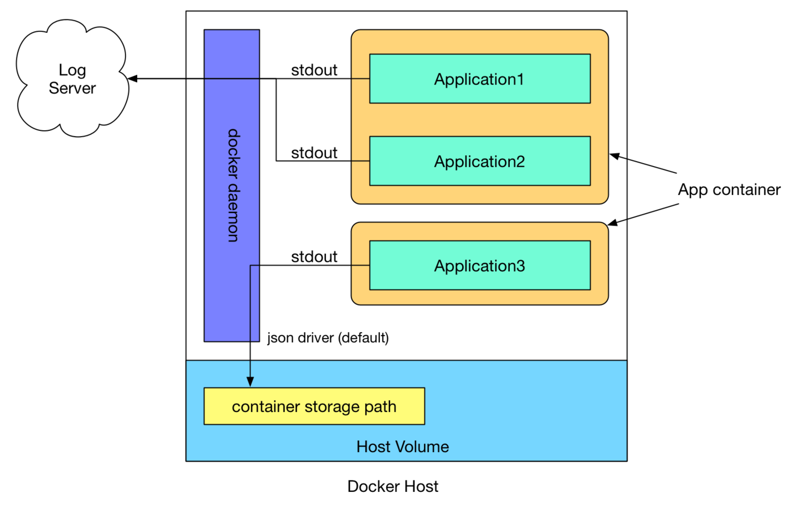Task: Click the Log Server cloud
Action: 72,79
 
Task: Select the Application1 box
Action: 480,79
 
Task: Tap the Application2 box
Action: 480,161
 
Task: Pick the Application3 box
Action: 480,265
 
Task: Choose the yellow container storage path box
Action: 314,406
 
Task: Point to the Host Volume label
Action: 403,447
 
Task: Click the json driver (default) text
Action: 328,338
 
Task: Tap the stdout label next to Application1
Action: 314,70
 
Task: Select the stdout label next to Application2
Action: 314,152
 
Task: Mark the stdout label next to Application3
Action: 314,256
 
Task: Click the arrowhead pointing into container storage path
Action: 250,382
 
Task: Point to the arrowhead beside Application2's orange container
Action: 614,156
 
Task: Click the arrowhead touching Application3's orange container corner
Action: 612,223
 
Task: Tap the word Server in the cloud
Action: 72,88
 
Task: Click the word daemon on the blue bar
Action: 233,212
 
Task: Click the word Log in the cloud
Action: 72,70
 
